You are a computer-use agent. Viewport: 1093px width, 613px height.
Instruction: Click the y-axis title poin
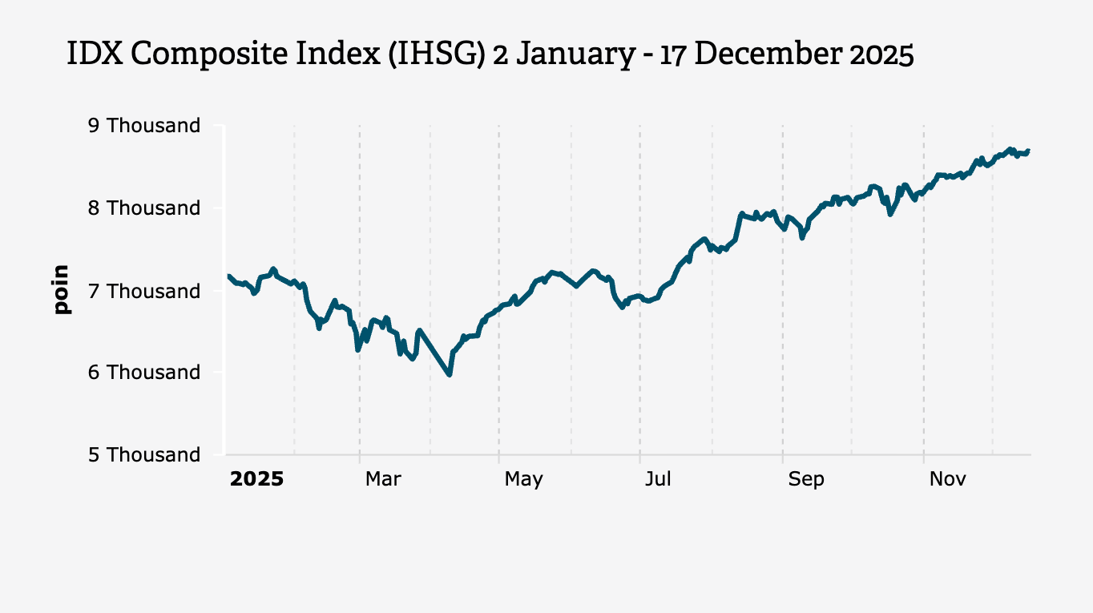point(61,289)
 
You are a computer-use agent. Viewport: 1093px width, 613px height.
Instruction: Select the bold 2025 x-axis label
point(256,479)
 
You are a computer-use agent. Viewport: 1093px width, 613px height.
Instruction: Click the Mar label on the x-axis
point(383,479)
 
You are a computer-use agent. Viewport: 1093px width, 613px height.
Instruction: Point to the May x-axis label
point(523,479)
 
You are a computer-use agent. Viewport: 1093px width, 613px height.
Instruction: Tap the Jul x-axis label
point(658,479)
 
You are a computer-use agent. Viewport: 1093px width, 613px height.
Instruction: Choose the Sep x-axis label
point(806,479)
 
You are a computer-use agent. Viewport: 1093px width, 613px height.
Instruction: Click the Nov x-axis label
point(947,479)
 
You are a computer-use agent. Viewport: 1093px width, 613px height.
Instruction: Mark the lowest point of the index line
point(450,374)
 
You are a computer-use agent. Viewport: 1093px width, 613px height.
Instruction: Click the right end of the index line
point(1028,150)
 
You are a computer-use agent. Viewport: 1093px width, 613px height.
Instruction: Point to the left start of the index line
point(228,276)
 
